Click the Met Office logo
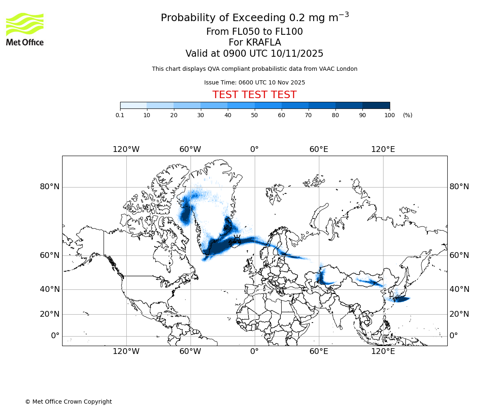tap(25, 29)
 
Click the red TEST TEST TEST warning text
tap(254, 95)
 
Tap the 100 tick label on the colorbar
tap(389, 115)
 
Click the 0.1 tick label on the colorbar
tap(120, 115)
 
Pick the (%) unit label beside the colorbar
tap(408, 115)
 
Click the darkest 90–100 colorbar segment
tap(376, 105)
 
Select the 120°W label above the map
tap(126, 149)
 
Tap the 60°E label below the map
tap(318, 351)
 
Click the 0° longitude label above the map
tap(254, 149)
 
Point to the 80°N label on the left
tap(50, 187)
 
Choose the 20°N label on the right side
tap(459, 314)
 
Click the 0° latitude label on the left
tap(55, 336)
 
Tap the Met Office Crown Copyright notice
tap(68, 402)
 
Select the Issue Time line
tap(254, 82)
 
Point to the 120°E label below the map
tap(383, 351)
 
